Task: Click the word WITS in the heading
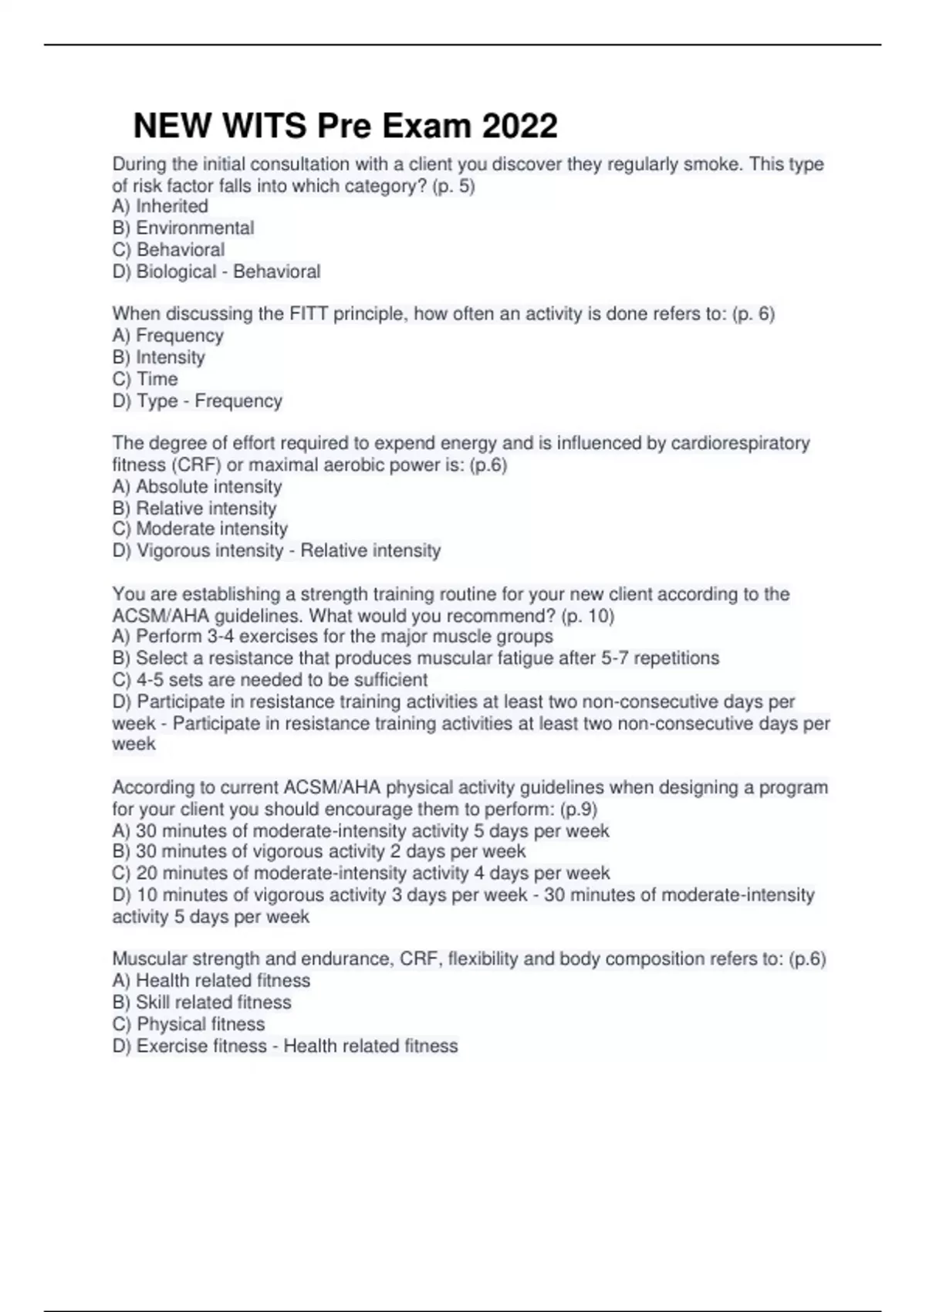pos(262,126)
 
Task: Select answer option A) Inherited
pos(161,206)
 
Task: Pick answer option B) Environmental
pos(183,228)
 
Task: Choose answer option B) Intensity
pos(159,357)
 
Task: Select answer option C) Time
pos(145,379)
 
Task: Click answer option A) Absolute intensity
pos(197,486)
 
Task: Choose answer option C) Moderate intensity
pos(200,529)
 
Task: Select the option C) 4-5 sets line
pos(269,680)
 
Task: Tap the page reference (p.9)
pos(578,809)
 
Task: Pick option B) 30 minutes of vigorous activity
pos(319,851)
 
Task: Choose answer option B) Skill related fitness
pos(201,1002)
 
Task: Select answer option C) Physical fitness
pos(188,1024)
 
